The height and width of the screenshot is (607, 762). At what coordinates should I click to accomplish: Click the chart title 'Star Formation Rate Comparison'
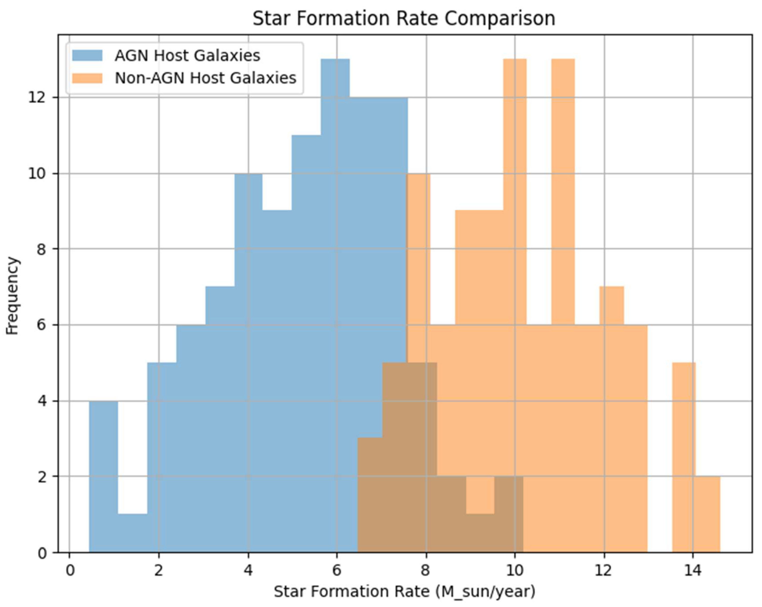404,18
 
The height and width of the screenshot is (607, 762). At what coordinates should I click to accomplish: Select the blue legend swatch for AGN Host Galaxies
87,56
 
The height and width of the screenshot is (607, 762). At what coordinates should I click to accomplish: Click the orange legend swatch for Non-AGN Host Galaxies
87,78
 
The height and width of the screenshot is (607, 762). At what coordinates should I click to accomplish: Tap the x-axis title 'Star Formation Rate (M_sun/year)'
404,591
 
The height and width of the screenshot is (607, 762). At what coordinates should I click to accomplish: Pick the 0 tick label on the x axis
70,570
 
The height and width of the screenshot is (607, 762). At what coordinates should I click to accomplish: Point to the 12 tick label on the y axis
37,98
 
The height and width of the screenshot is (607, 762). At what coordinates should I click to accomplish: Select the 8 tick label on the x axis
425,570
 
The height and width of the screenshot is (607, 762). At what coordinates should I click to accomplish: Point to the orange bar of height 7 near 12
611,306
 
